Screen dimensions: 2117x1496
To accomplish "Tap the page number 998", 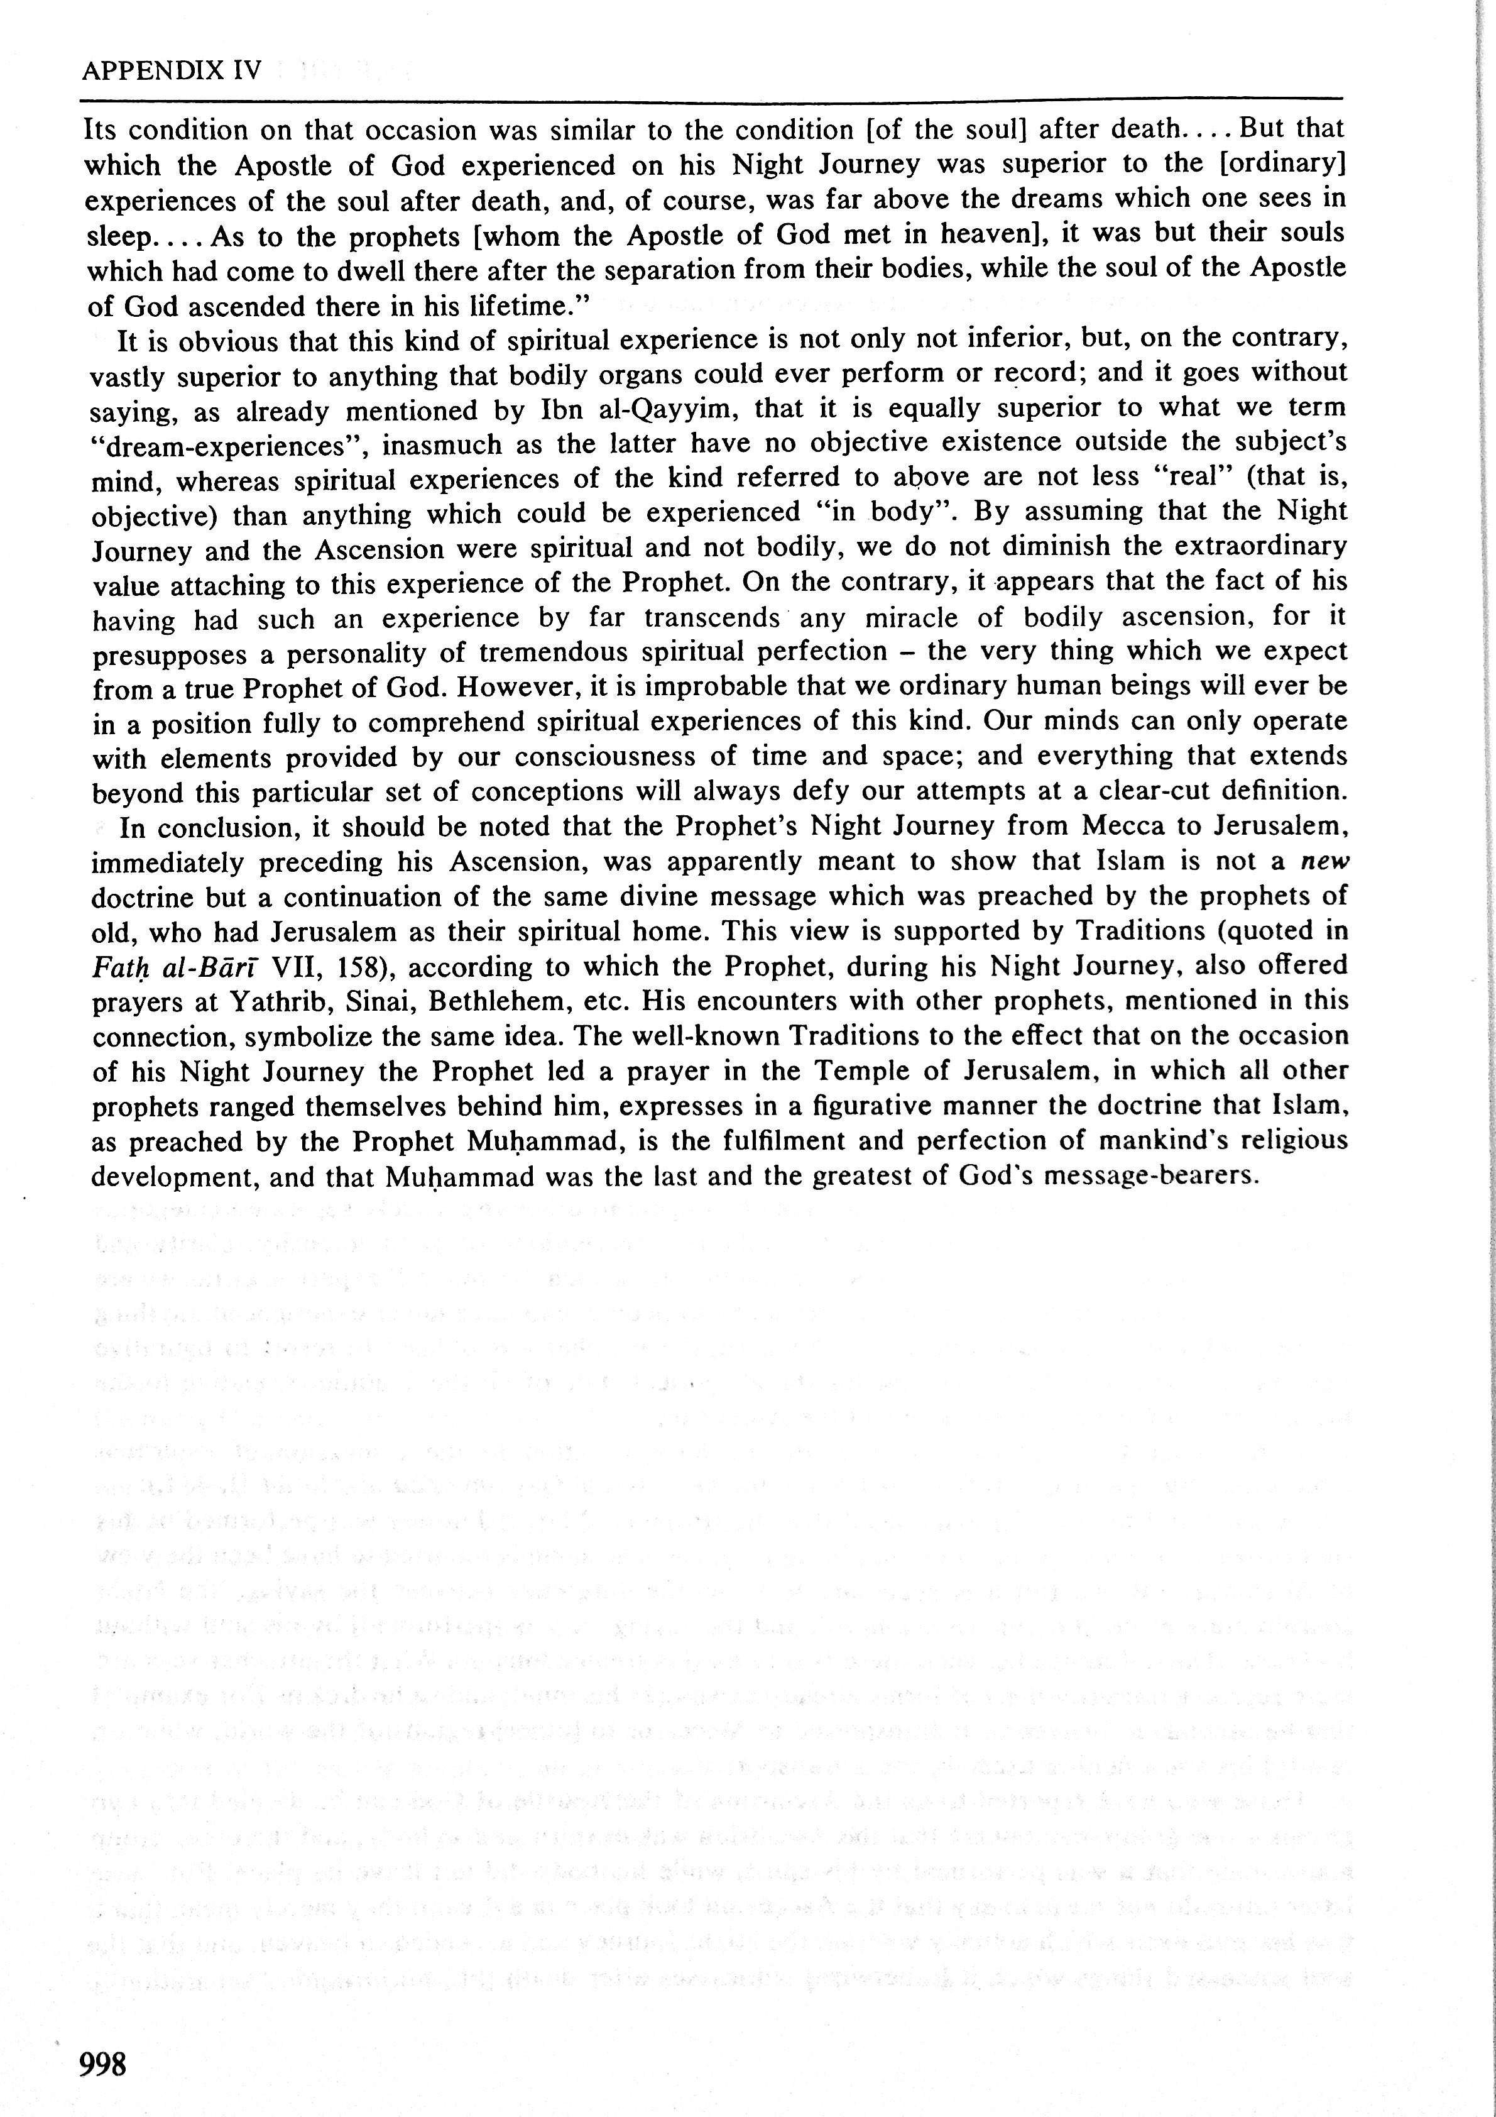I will pos(103,2064).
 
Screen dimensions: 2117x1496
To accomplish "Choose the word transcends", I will pos(713,618).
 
